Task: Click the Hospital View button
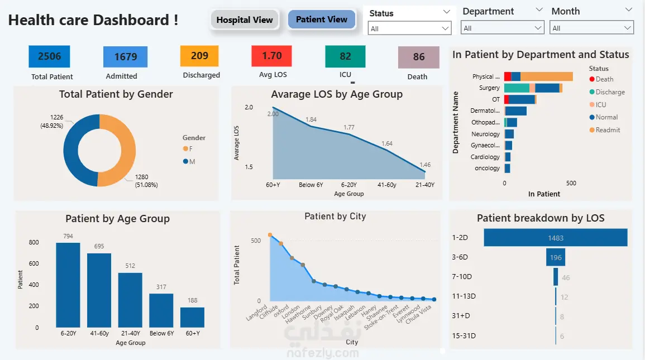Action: [x=245, y=20]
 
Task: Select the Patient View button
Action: [x=322, y=20]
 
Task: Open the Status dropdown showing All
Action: [x=410, y=28]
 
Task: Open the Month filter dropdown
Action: [x=591, y=28]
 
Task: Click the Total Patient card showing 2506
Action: [x=49, y=56]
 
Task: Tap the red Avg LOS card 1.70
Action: [x=271, y=56]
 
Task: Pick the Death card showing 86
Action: [x=419, y=57]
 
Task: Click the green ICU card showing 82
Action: [x=345, y=56]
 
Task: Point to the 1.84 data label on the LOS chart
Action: [x=311, y=119]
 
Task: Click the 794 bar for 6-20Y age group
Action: [x=68, y=285]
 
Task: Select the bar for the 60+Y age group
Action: [x=192, y=317]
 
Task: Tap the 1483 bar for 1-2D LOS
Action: [x=556, y=238]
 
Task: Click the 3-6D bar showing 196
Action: [x=556, y=257]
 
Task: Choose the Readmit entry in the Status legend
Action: [x=608, y=130]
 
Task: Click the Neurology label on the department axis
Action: [x=485, y=134]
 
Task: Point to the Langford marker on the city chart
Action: [x=270, y=235]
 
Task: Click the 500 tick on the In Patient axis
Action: [x=571, y=183]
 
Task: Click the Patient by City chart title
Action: [x=335, y=217]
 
